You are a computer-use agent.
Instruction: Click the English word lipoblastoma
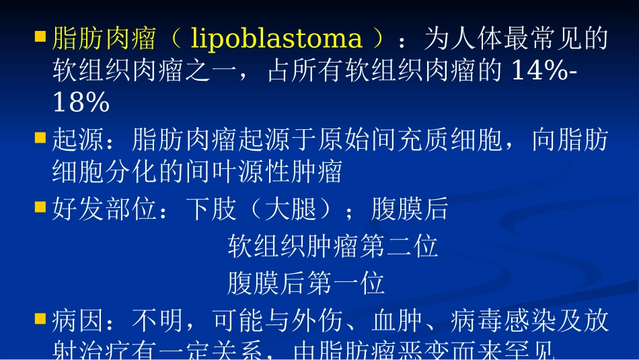click(276, 39)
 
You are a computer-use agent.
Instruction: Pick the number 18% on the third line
click(81, 103)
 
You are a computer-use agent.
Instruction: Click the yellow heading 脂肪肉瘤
click(104, 39)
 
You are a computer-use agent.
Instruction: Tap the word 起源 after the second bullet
click(78, 141)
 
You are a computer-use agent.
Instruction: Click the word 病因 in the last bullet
click(78, 322)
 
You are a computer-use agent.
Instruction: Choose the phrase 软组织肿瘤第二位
click(333, 248)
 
